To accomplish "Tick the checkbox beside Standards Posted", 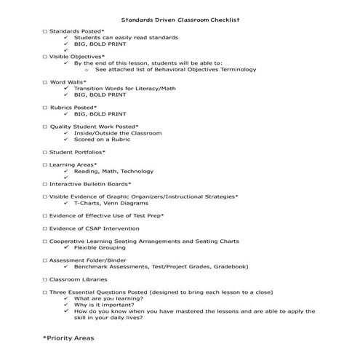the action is pyautogui.click(x=45, y=31).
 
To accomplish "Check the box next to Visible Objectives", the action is pyautogui.click(x=45, y=57).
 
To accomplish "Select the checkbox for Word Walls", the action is pyautogui.click(x=45, y=82).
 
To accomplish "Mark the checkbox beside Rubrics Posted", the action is pyautogui.click(x=45, y=108).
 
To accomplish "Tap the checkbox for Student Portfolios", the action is pyautogui.click(x=45, y=152).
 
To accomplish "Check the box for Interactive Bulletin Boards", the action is pyautogui.click(x=45, y=184).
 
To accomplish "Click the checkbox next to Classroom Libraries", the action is pyautogui.click(x=45, y=279).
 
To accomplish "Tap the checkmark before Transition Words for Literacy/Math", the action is pyautogui.click(x=65, y=89).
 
